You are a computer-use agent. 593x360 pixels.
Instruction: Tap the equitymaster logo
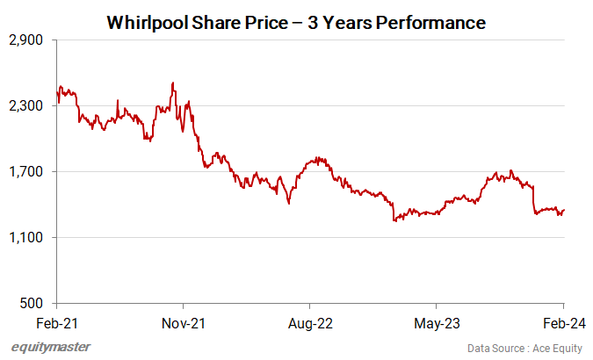click(x=50, y=347)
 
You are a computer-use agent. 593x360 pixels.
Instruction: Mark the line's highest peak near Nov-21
click(x=173, y=83)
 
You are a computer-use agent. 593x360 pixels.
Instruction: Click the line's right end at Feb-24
click(x=563, y=210)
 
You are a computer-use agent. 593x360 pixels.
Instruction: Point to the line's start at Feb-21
click(x=57, y=90)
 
